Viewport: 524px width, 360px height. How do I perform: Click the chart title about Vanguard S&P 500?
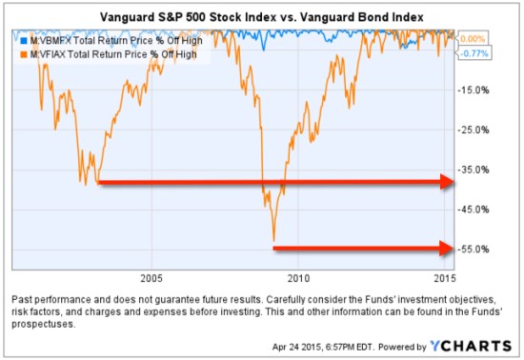(x=262, y=17)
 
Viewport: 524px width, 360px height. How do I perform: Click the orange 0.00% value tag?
(x=474, y=39)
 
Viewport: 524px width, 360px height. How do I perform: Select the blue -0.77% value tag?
(x=474, y=53)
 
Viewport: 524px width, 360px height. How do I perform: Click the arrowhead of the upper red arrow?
(x=445, y=181)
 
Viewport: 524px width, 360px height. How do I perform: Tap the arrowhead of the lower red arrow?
(x=445, y=249)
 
